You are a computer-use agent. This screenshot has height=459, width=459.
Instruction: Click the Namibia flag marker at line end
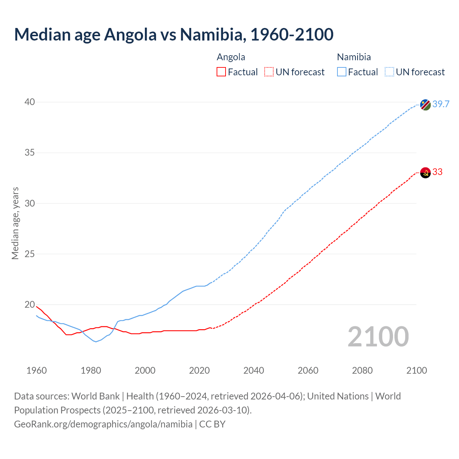425,105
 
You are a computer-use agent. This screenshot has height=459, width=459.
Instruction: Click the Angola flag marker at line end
425,172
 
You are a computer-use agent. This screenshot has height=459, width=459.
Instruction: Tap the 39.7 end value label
441,104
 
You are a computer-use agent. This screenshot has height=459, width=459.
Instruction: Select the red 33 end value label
437,172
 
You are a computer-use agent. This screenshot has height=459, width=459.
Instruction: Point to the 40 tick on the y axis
30,102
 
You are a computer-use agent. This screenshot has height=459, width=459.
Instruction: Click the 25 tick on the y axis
30,254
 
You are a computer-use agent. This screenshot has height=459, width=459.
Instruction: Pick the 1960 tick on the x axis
37,370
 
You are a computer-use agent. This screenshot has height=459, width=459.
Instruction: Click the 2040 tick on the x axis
254,370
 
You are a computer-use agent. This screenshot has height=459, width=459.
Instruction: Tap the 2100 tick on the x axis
416,370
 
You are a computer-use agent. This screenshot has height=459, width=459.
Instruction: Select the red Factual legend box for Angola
221,72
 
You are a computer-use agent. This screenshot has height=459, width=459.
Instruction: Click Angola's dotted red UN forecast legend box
269,72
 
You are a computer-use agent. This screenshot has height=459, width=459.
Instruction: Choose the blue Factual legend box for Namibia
342,72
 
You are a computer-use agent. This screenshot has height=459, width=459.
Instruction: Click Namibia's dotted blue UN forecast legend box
389,72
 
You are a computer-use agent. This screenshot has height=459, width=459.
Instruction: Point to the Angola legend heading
231,57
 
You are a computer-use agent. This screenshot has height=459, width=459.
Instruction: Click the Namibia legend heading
354,57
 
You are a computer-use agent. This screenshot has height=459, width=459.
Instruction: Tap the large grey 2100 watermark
378,337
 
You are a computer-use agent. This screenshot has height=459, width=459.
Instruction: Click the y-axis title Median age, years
15,223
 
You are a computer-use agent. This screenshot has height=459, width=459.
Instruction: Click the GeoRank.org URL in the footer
103,424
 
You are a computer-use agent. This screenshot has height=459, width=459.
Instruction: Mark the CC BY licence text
212,424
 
